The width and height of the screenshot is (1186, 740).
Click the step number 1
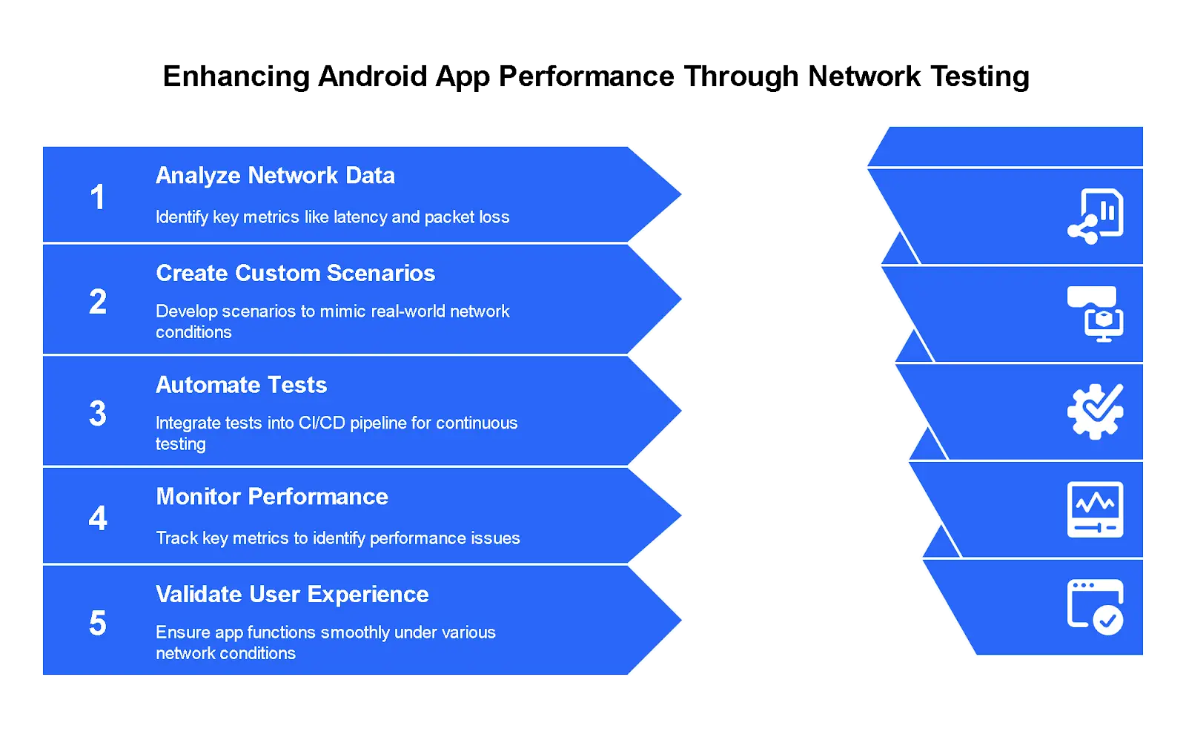(97, 197)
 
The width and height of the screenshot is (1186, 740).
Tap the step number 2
(98, 302)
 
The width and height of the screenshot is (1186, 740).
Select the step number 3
(98, 414)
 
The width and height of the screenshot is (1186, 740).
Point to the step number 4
(98, 518)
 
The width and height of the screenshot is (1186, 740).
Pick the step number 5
(98, 624)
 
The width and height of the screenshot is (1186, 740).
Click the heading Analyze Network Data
(275, 176)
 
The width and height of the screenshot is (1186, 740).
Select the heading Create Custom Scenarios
(295, 274)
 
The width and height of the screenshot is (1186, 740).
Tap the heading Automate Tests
(241, 386)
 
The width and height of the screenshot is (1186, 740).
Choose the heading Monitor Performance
(272, 497)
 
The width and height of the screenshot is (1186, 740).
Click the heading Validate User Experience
(292, 595)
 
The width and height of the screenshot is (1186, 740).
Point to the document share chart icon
(1095, 217)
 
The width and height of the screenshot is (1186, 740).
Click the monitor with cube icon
(1095, 314)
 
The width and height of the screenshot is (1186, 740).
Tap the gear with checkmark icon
(1095, 412)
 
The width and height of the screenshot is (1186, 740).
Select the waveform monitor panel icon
(1095, 509)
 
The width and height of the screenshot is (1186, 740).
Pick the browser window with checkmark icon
(1095, 607)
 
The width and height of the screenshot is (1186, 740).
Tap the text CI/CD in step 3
(322, 423)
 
